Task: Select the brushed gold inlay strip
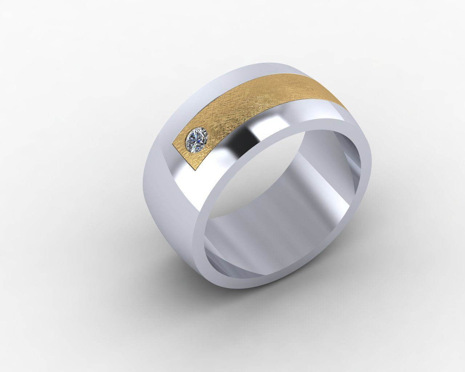[x=254, y=105]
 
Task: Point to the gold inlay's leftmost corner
[x=171, y=145]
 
